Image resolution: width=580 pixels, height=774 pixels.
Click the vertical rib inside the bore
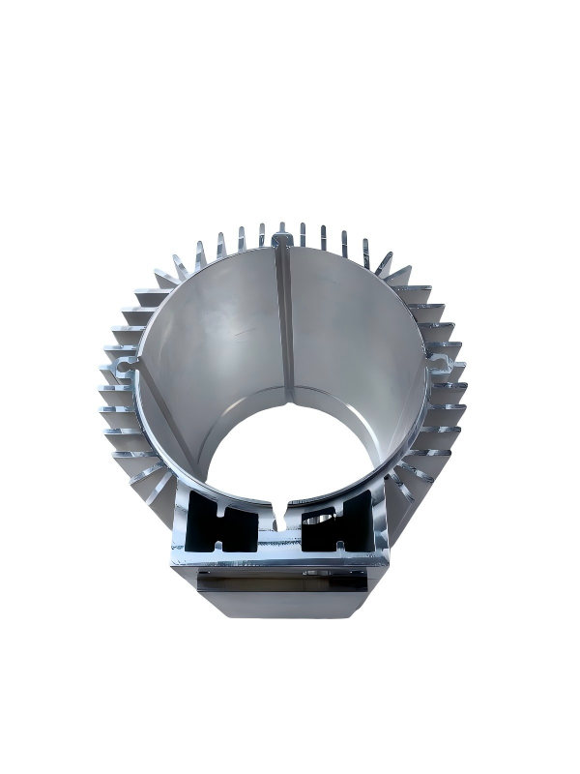click(x=286, y=319)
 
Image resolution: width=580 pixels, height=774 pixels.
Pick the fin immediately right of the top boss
click(x=303, y=234)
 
